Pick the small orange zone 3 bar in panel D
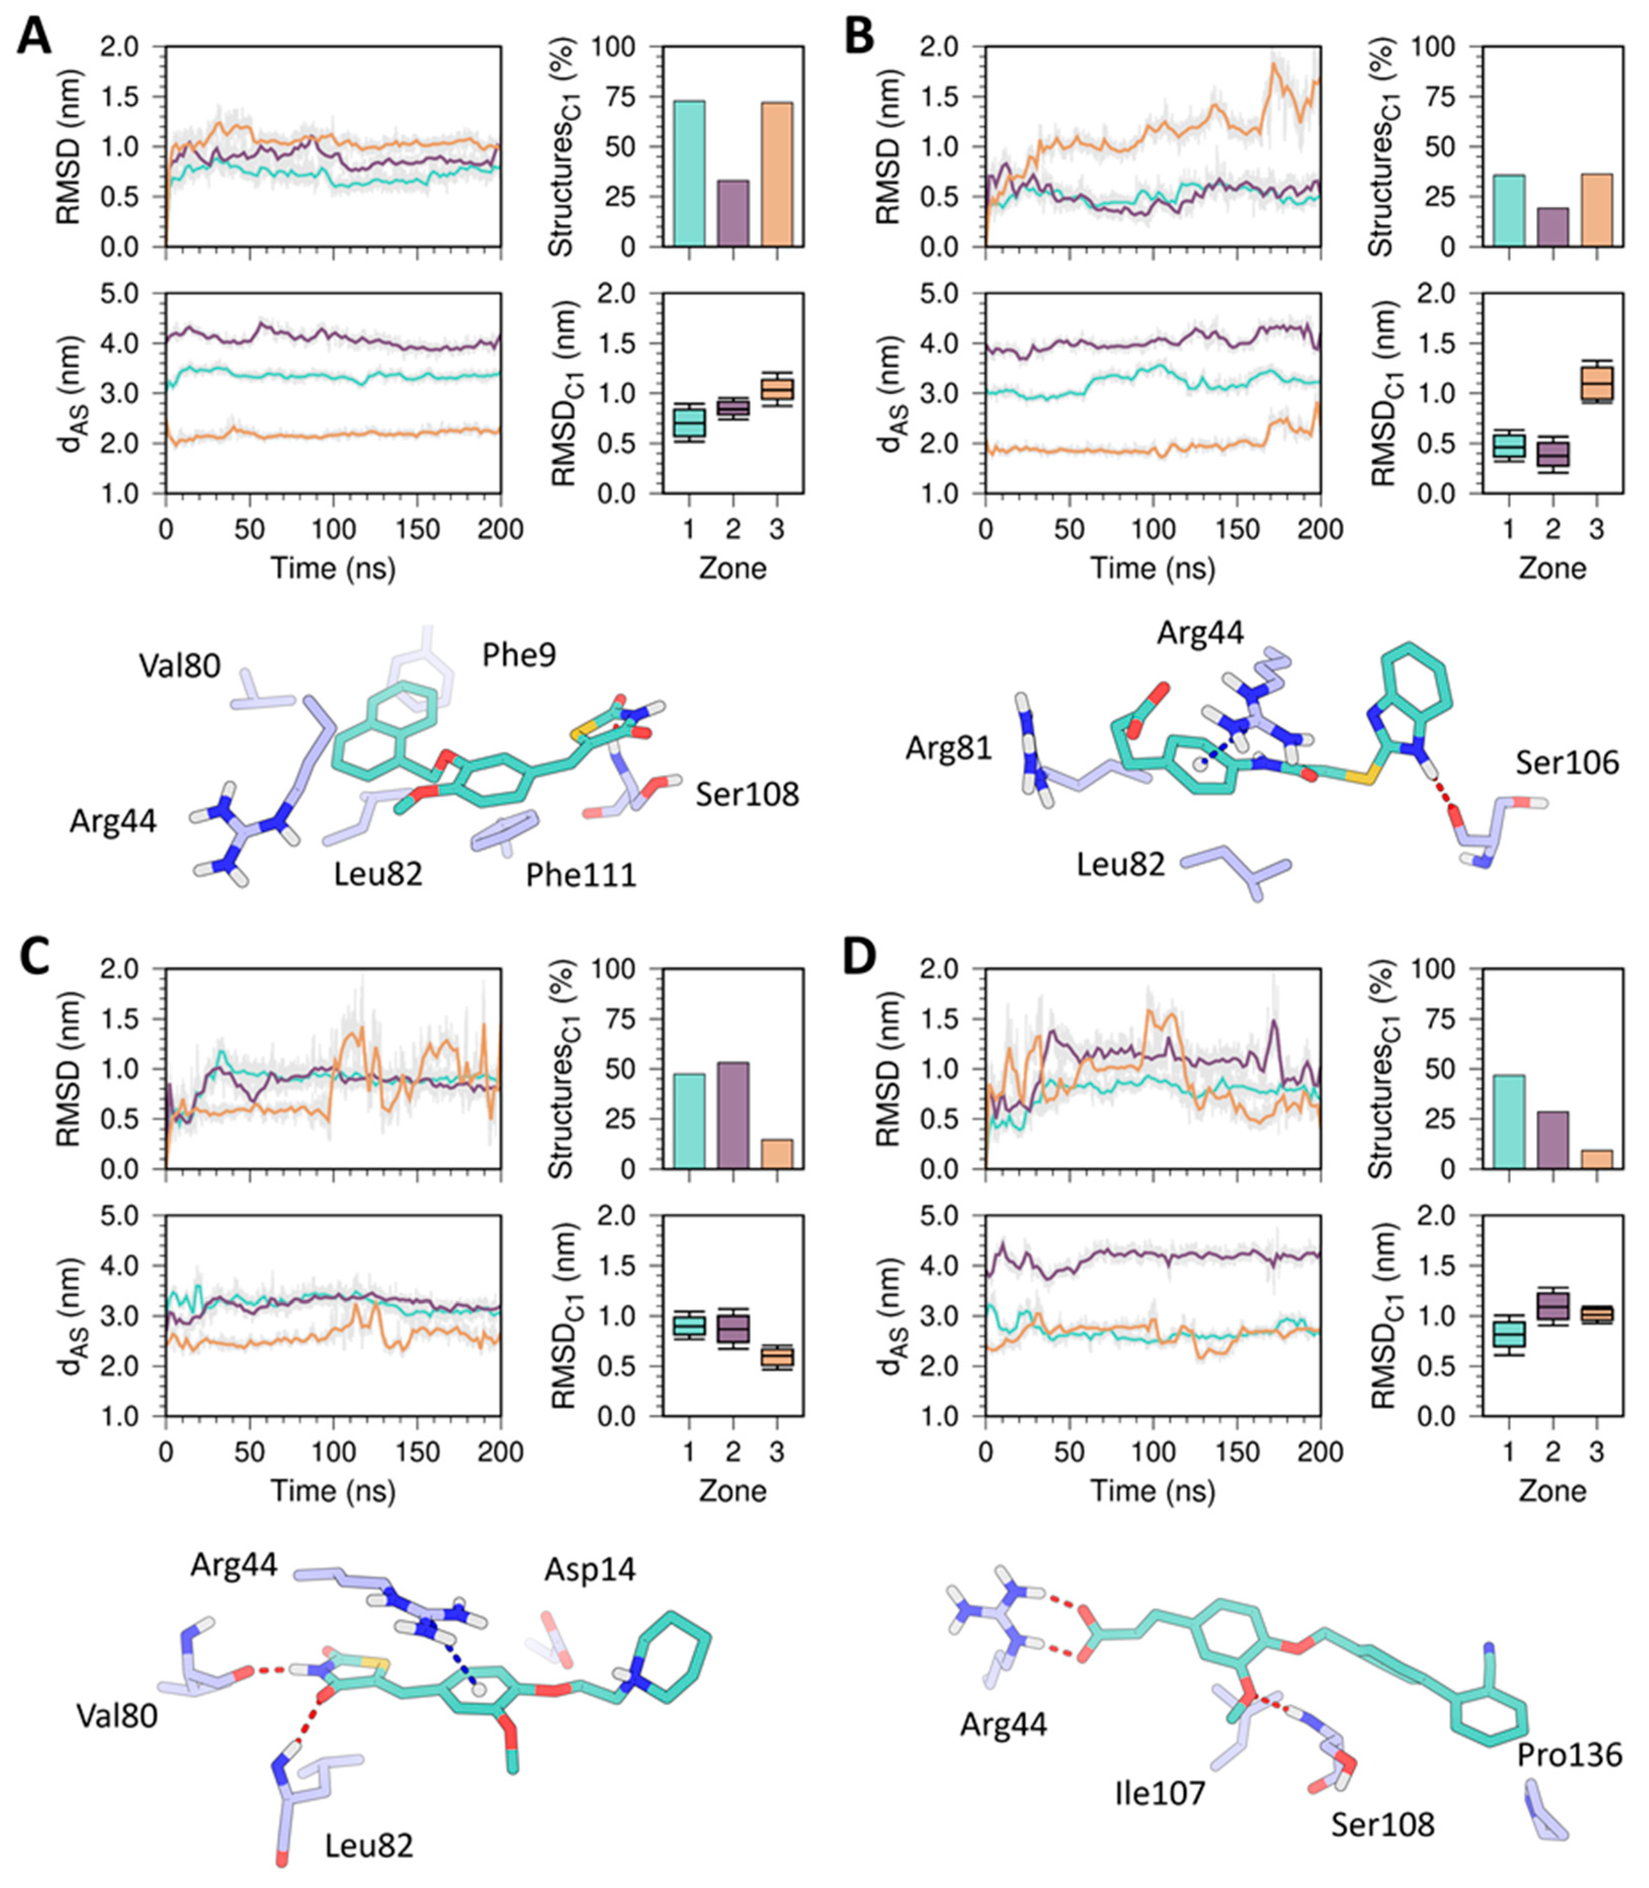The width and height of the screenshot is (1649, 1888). [x=1596, y=1158]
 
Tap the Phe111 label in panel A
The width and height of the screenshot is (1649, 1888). [x=581, y=874]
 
